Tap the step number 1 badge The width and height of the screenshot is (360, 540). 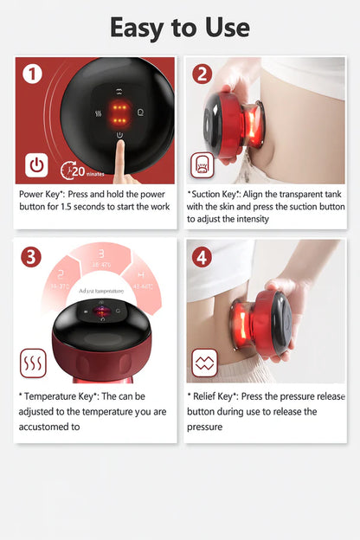(x=33, y=74)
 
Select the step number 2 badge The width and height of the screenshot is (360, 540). (x=202, y=74)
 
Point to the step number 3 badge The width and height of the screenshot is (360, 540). (x=32, y=257)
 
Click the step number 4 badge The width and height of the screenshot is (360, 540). (x=202, y=257)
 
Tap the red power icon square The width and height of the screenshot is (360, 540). (x=37, y=164)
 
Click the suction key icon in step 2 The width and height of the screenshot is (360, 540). (x=202, y=164)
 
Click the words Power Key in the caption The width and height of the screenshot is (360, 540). (x=43, y=194)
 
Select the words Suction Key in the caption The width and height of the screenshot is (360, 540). (x=217, y=194)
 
